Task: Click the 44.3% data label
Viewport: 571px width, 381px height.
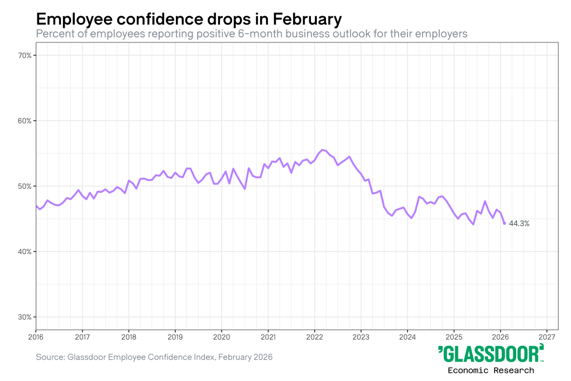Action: click(x=519, y=223)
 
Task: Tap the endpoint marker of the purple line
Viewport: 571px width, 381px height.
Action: click(x=505, y=223)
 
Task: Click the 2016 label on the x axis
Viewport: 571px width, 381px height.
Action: click(x=36, y=337)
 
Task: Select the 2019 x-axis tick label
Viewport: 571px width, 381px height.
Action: click(x=175, y=337)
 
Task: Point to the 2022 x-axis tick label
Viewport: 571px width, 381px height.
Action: click(x=315, y=337)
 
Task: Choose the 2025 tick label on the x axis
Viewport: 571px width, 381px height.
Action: click(x=454, y=337)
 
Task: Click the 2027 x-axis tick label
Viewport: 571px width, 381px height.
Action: click(x=547, y=337)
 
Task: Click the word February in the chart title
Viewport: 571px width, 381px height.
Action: click(x=307, y=20)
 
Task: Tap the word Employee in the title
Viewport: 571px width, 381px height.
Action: click(x=71, y=20)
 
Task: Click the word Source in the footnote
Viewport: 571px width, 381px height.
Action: click(x=50, y=356)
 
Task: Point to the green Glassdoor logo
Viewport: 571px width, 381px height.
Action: click(x=491, y=354)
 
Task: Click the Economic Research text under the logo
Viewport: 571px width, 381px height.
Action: click(x=491, y=370)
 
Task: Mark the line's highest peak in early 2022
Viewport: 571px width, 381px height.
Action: click(x=323, y=150)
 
